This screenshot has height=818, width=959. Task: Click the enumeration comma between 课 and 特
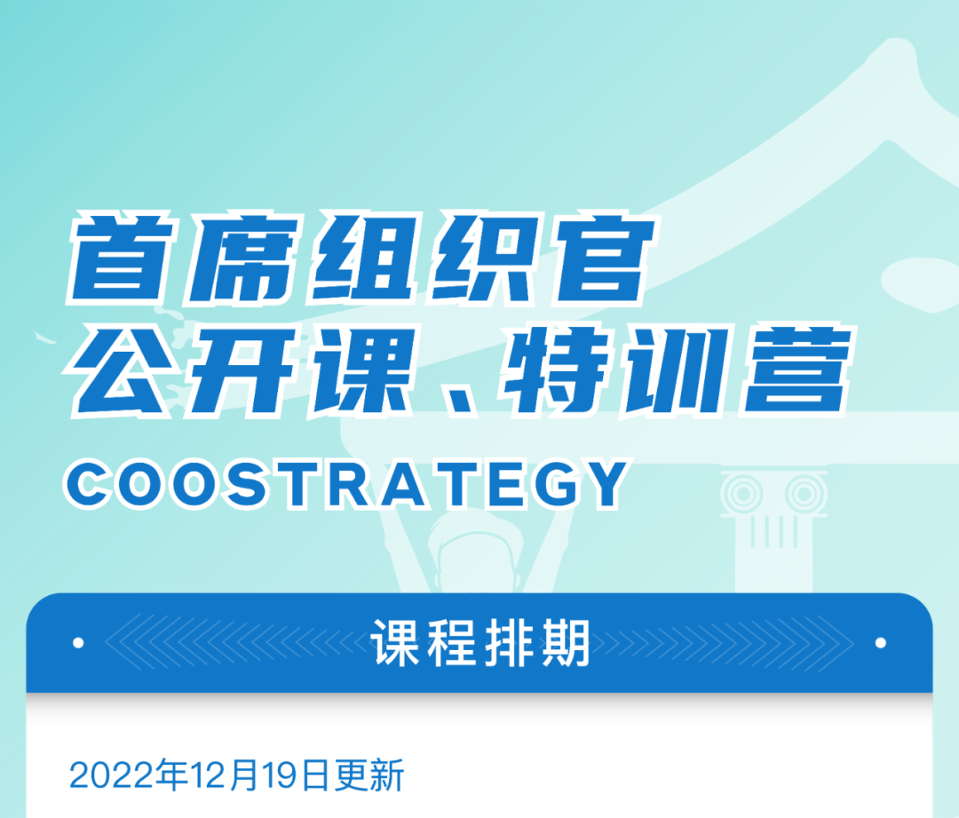pyautogui.click(x=459, y=401)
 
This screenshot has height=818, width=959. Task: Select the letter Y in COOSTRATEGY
pyautogui.click(x=602, y=485)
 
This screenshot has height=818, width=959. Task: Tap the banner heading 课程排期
pyautogui.click(x=479, y=643)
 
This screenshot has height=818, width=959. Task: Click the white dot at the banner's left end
pyautogui.click(x=78, y=643)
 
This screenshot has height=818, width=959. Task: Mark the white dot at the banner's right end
pyautogui.click(x=881, y=643)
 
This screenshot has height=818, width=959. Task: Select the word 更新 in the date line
pyautogui.click(x=369, y=775)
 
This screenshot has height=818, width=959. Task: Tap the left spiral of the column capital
pyautogui.click(x=741, y=493)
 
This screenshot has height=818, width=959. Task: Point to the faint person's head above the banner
pyautogui.click(x=477, y=553)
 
